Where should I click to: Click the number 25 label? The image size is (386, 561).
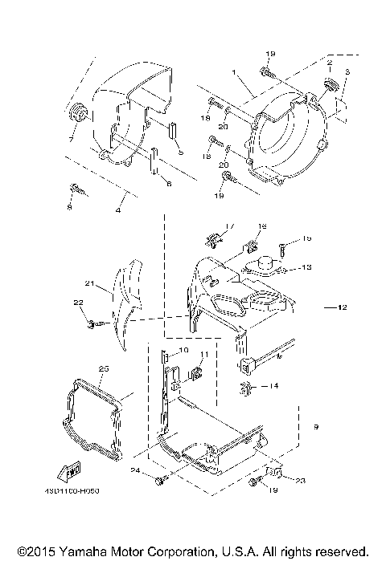102,368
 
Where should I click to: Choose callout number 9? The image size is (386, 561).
315,427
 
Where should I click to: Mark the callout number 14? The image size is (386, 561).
274,386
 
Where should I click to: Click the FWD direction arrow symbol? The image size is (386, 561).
70,468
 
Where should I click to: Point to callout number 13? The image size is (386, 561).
306,267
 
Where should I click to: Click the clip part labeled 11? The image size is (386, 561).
195,373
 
